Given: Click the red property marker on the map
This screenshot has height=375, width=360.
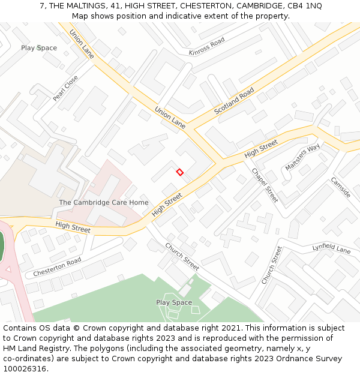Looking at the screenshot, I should [x=179, y=172].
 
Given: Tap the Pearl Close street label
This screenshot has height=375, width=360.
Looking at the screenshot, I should [x=65, y=88].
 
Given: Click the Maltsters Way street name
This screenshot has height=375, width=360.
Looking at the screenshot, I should [x=302, y=157].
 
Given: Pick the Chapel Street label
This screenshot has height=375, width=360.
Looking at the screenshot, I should [x=265, y=185].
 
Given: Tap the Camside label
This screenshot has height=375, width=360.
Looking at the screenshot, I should [x=340, y=187].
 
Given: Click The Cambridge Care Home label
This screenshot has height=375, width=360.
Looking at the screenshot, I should [x=103, y=202].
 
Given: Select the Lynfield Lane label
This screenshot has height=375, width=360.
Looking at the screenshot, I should [x=331, y=248].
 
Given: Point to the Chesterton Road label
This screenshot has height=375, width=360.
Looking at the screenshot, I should [x=57, y=266].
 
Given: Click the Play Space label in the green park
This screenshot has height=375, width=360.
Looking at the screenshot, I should [x=174, y=302].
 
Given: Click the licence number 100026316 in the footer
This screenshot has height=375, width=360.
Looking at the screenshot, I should [x=26, y=368].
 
